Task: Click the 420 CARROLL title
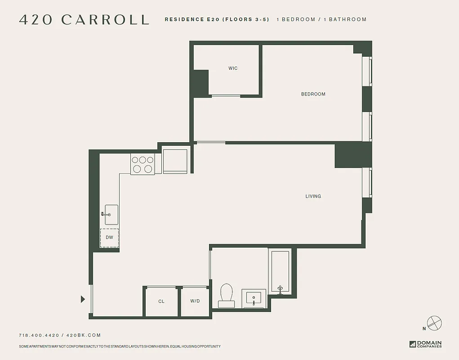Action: coord(84,20)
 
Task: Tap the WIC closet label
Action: coord(233,68)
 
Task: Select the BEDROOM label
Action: coord(313,94)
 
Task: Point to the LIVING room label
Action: coord(313,196)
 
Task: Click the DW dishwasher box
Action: coord(109,238)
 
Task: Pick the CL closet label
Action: coord(161,301)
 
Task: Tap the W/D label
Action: coord(195,301)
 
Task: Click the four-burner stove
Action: coord(143,164)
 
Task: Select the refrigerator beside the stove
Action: coord(175,161)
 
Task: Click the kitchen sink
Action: coord(111,215)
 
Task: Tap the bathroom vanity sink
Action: coord(254,298)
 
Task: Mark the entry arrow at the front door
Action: coord(83,299)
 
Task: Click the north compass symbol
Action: coord(434,323)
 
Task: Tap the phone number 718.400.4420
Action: coord(39,335)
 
